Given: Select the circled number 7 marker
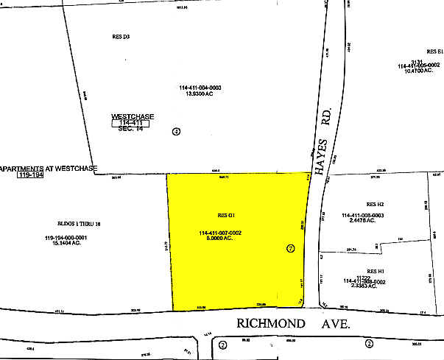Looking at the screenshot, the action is click(290, 249).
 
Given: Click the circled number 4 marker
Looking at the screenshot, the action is click(175, 132).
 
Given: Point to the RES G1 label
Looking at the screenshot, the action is click(225, 214).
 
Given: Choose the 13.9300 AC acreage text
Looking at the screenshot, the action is click(200, 94).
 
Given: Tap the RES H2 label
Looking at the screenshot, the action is click(376, 203).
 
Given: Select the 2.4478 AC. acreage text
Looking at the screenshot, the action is click(364, 221).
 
